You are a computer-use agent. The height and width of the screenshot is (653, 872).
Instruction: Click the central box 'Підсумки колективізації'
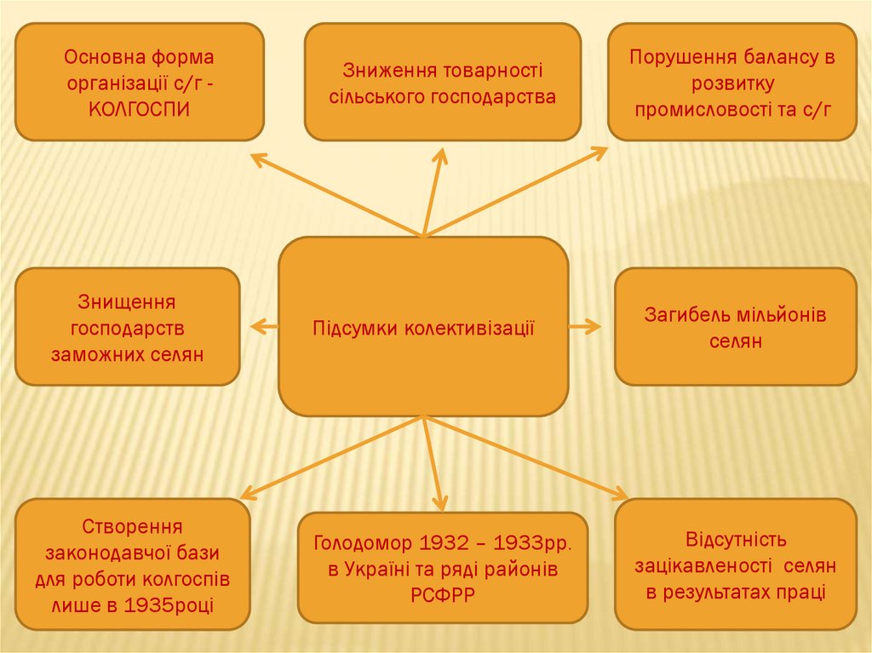tap(423, 326)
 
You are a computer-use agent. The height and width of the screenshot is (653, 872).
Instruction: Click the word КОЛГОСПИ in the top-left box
tap(139, 110)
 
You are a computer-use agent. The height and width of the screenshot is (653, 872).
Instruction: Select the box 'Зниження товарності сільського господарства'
tap(442, 82)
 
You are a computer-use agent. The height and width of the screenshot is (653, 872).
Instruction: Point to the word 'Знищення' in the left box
tap(127, 301)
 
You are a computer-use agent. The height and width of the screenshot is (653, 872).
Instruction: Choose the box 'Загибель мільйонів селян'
tap(735, 327)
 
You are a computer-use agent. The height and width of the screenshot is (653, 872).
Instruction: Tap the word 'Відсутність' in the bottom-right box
tap(735, 540)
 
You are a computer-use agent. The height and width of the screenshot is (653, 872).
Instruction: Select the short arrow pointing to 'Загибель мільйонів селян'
tap(585, 326)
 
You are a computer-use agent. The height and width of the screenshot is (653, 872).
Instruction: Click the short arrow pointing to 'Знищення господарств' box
tap(264, 325)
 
